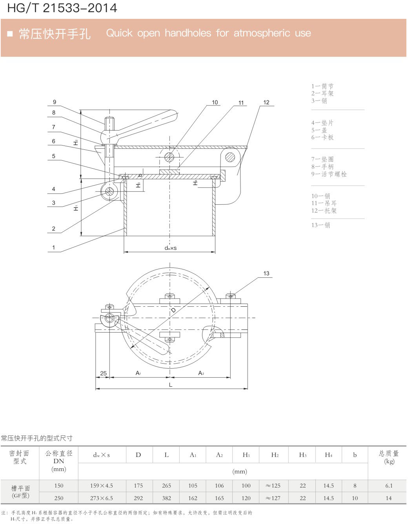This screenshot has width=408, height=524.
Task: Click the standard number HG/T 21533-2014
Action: click(x=62, y=8)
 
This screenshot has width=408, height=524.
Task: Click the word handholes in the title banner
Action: click(x=188, y=33)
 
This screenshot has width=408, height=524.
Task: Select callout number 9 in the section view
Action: click(x=55, y=102)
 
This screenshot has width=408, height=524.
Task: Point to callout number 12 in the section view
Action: click(x=266, y=102)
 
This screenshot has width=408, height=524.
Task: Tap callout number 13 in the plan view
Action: click(x=266, y=273)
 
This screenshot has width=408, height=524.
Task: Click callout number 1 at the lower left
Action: click(x=54, y=247)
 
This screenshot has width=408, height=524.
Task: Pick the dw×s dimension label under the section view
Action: click(x=170, y=248)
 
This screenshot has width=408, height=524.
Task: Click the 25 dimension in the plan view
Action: click(x=103, y=373)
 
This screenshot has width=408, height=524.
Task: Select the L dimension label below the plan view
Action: click(x=171, y=385)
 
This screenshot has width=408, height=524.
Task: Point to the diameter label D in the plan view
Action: click(x=173, y=310)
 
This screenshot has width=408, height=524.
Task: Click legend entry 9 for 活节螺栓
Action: click(x=329, y=174)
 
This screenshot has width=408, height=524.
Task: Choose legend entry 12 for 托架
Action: click(x=324, y=211)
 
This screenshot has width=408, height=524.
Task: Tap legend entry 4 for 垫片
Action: click(x=322, y=123)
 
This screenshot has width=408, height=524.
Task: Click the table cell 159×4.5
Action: click(x=101, y=486)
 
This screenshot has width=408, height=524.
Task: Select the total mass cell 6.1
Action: click(x=388, y=486)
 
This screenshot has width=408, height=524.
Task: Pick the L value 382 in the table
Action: click(x=166, y=498)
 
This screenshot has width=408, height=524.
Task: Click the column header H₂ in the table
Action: click(x=275, y=455)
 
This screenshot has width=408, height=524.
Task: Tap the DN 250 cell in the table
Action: click(x=59, y=498)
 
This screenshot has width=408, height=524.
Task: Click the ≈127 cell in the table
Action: click(x=273, y=498)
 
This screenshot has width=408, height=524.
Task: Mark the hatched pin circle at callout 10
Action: click(x=169, y=157)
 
